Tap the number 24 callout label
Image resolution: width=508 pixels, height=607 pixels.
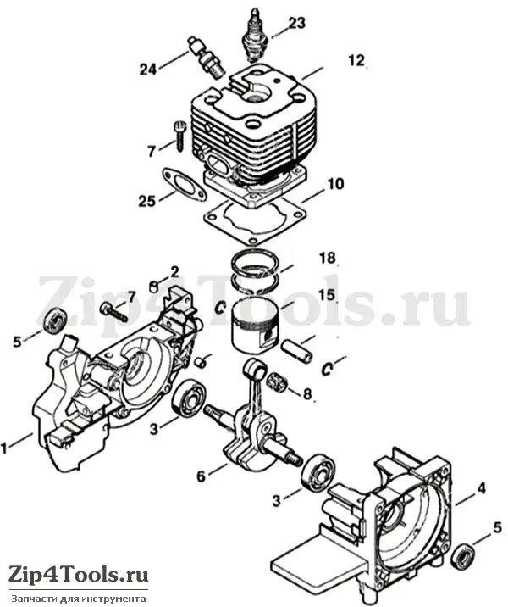[148, 70]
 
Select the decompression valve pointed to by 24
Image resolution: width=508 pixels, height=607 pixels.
[206, 57]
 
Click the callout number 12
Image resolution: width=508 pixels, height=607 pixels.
[356, 60]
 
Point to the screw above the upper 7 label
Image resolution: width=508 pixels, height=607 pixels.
[180, 136]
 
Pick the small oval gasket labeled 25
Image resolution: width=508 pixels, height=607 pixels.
[183, 184]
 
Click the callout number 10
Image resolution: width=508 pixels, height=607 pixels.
[334, 183]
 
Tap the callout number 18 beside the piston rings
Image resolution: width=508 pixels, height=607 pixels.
[328, 258]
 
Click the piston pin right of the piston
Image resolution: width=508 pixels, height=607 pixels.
[296, 350]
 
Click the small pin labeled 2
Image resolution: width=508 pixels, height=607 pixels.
[154, 287]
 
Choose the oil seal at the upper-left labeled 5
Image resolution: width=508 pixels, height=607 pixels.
[54, 320]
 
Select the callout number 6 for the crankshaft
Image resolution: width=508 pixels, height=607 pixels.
[201, 476]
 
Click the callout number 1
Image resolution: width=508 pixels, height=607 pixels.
[4, 448]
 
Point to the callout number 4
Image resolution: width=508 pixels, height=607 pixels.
[481, 488]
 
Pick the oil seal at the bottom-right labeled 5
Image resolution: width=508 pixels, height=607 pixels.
[464, 557]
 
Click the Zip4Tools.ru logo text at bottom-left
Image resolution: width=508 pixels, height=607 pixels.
[79, 574]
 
